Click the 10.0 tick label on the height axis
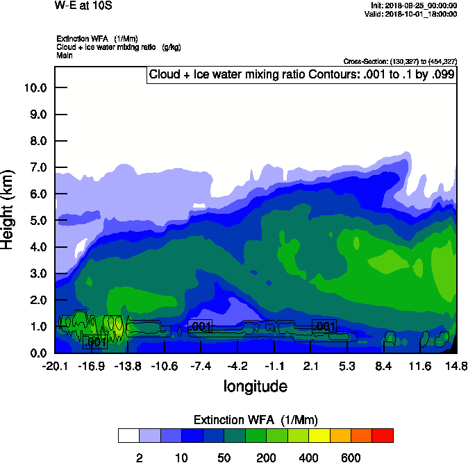(x=35, y=87)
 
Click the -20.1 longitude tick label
(x=55, y=366)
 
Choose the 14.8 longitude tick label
(x=456, y=366)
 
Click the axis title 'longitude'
(x=255, y=385)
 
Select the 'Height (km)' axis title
(x=8, y=209)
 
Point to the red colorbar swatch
(x=383, y=435)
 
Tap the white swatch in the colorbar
(x=128, y=435)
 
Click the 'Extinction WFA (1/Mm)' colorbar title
(x=256, y=420)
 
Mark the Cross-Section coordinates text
(x=400, y=61)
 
